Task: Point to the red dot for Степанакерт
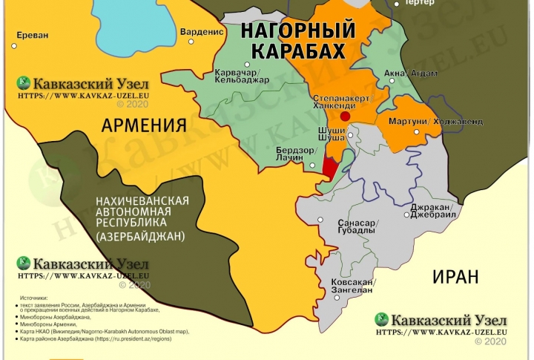346,117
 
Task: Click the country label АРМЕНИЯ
144,124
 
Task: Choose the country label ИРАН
456,277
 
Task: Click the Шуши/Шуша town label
331,134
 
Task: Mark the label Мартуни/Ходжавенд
430,121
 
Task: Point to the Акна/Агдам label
410,73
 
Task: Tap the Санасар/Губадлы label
357,226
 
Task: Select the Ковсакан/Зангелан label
353,288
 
